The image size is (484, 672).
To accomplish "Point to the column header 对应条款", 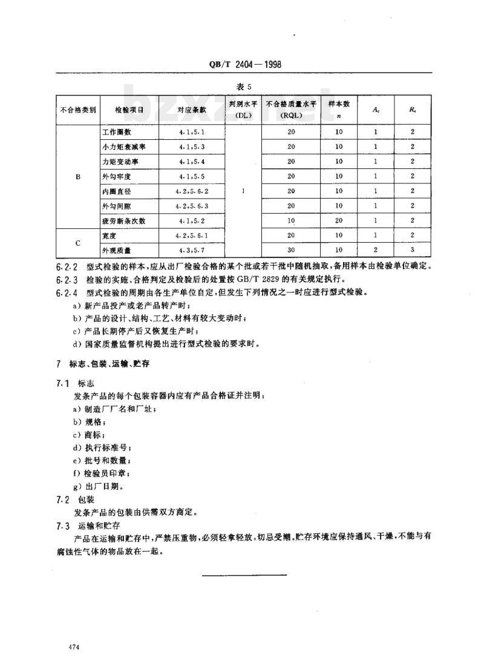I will [192, 110].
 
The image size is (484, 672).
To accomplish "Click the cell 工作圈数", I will [117, 131].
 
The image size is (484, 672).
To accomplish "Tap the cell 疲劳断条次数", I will [122, 221].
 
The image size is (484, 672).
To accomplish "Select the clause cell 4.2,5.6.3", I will [192, 206].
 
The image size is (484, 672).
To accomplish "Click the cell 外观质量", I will [117, 251].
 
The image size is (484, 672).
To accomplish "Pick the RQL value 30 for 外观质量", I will [291, 251].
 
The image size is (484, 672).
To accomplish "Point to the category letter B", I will [77, 176].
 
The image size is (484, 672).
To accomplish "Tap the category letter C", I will [77, 243].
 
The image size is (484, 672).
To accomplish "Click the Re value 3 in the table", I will [411, 251].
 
